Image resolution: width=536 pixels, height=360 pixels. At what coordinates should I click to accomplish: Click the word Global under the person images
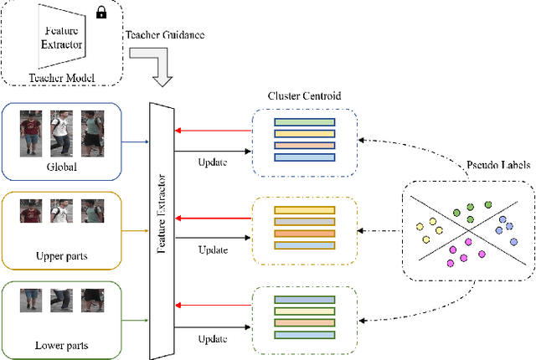pos(63,167)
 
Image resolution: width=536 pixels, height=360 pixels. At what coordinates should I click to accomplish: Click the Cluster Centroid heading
pos(304,95)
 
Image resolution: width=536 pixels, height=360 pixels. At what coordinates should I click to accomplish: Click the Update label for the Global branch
pos(212,162)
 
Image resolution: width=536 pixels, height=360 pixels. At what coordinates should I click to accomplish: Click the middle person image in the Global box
pos(62,132)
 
